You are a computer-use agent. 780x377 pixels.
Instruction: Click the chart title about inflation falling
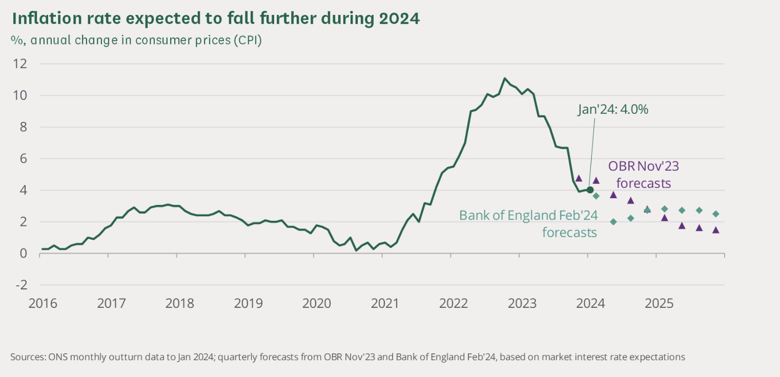point(215,18)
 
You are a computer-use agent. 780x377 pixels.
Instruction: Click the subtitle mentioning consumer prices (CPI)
point(136,40)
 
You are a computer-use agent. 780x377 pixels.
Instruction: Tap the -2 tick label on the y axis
point(22,285)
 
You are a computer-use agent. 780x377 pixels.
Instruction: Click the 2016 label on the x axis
point(43,303)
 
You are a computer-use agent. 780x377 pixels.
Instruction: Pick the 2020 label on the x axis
point(316,303)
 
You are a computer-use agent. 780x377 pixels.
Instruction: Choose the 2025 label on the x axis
point(659,303)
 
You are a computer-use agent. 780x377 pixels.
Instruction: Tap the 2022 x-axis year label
point(453,303)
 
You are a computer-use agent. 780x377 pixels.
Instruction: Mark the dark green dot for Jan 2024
point(590,190)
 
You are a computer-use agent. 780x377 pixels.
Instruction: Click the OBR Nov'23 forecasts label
point(644,174)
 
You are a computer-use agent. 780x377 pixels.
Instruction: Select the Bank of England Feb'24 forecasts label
point(528,223)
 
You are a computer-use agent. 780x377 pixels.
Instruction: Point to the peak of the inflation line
point(505,78)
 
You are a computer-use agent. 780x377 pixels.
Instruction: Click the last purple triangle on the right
point(716,230)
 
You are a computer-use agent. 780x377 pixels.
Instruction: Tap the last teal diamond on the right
point(716,214)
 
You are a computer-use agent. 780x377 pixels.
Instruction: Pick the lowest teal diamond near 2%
point(613,222)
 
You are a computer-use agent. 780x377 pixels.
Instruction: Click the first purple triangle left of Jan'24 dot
point(579,178)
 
